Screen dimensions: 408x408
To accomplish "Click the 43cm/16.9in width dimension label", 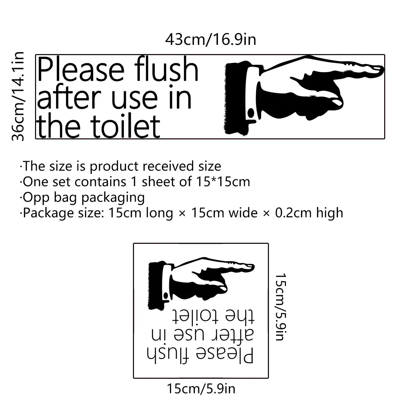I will click(x=210, y=40).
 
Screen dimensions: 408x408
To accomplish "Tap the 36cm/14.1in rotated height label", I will click(x=18, y=96).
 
